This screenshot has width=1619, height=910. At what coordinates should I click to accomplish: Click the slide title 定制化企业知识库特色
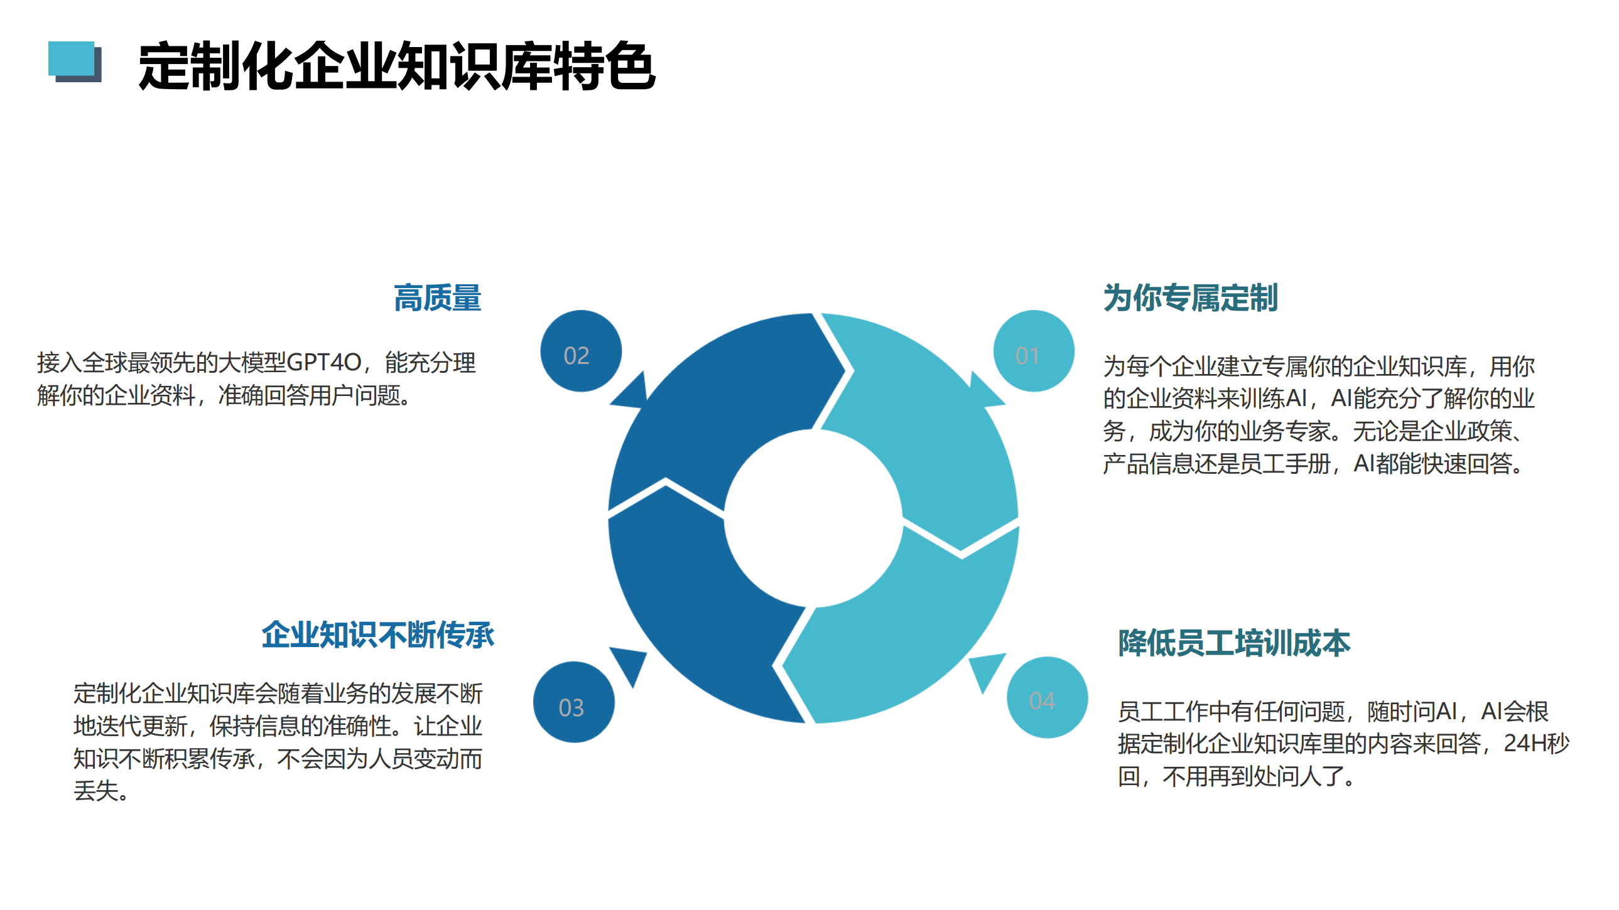tap(396, 66)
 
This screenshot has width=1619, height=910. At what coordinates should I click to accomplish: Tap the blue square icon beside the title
tap(75, 62)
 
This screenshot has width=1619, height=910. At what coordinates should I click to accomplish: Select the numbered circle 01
tap(1033, 351)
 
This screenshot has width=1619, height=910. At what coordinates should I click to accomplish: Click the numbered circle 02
tap(581, 351)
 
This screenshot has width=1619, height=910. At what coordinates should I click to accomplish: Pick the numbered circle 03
tap(574, 702)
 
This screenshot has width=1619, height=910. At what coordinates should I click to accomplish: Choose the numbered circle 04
tap(1047, 697)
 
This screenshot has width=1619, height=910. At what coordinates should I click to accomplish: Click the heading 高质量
tap(438, 297)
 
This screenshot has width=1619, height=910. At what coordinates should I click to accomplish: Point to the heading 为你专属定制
tap(1190, 297)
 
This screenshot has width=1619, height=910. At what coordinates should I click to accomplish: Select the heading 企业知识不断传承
tap(378, 635)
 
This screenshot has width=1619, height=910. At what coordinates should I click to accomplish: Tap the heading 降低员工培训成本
tap(1234, 643)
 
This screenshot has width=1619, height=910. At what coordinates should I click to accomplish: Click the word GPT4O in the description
tap(323, 363)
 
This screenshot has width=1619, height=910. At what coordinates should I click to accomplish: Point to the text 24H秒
tap(1536, 744)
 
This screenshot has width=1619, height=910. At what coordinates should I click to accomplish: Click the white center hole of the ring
tap(813, 518)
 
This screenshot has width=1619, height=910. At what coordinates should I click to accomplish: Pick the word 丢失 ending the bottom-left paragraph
tap(96, 791)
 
